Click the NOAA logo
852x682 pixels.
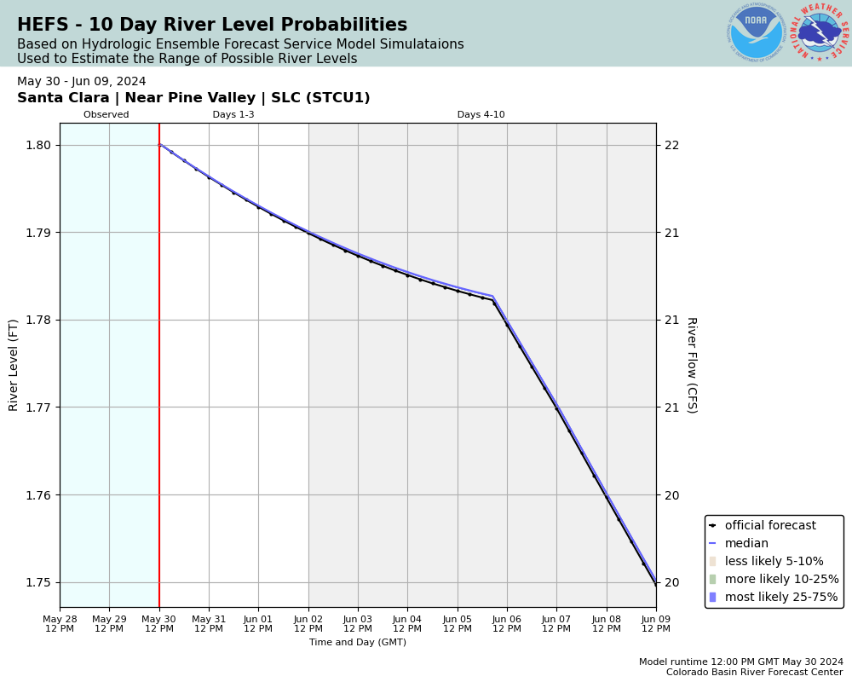[x=756, y=32]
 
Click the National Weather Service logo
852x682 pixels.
[x=820, y=32]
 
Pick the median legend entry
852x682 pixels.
[x=745, y=544]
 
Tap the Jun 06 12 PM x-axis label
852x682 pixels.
[x=507, y=624]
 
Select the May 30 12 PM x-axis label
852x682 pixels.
[x=159, y=624]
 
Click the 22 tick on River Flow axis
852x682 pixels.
[x=672, y=145]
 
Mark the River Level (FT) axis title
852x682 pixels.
[x=14, y=365]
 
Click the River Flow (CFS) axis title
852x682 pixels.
[x=692, y=365]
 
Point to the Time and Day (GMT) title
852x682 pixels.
[x=358, y=643]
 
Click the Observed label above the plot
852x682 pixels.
[x=106, y=115]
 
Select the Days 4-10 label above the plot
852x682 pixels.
[x=481, y=115]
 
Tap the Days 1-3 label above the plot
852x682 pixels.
[x=233, y=115]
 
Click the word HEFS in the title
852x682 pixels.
[x=41, y=26]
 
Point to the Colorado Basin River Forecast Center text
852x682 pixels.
[x=755, y=673]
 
